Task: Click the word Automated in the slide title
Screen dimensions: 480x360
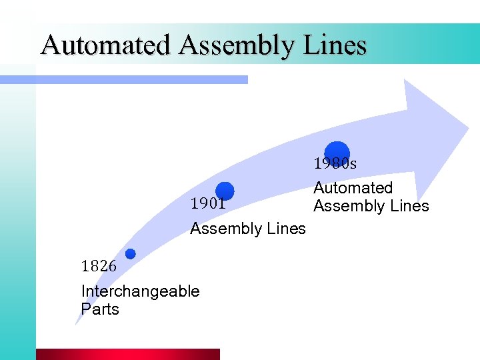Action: (x=106, y=45)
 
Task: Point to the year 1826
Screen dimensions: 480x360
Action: (x=98, y=266)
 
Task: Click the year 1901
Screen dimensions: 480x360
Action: (x=207, y=204)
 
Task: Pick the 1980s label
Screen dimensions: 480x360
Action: (x=335, y=163)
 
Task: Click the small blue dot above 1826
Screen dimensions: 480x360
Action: (x=130, y=253)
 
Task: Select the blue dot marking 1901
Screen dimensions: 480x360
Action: (x=225, y=191)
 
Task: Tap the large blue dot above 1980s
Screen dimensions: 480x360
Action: (x=337, y=153)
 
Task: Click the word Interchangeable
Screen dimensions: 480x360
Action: (x=140, y=291)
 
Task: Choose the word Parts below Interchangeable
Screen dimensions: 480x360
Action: (x=100, y=309)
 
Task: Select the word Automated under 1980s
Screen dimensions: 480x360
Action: (x=353, y=188)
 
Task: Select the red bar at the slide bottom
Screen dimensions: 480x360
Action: (x=127, y=354)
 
